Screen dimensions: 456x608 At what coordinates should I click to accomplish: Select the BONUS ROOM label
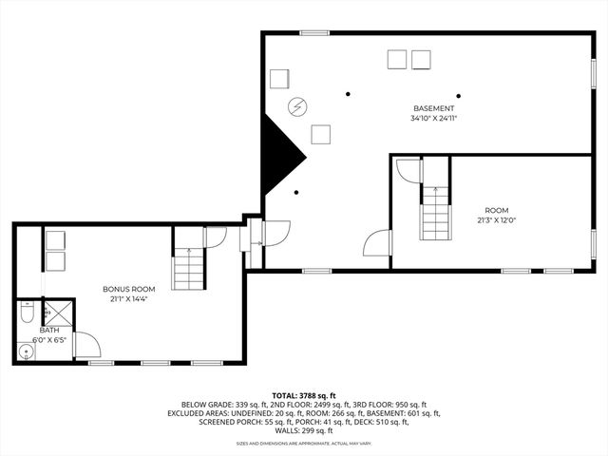(129, 289)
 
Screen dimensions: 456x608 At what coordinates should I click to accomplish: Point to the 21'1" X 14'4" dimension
(129, 299)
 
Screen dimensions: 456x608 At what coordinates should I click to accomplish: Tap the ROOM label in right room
(497, 210)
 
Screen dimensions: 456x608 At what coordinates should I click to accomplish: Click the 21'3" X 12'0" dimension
(497, 220)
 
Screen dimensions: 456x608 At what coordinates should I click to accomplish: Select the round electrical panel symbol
(297, 105)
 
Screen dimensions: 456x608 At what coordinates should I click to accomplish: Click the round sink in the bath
(26, 351)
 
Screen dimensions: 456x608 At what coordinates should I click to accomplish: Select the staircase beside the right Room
(434, 213)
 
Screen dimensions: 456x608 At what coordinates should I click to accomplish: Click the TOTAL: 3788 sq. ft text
(304, 394)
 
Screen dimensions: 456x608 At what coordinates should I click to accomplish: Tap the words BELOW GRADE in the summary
(206, 405)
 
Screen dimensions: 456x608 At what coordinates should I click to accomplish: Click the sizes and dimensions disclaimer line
(304, 444)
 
